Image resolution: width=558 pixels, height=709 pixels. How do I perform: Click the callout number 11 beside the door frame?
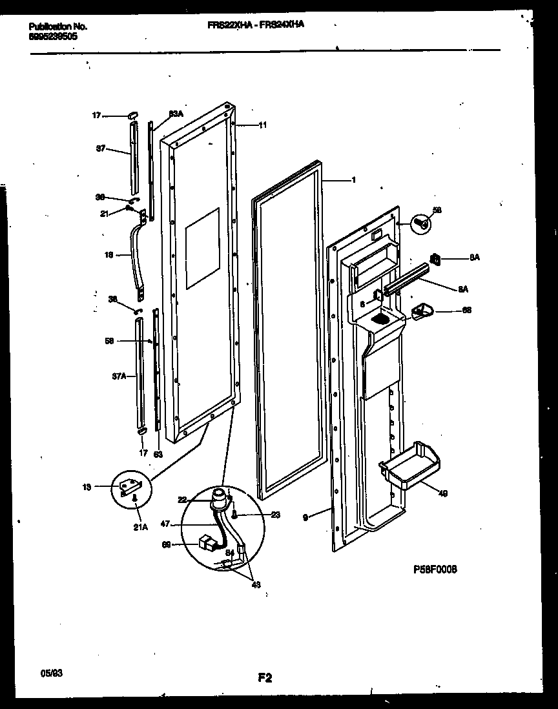(x=262, y=125)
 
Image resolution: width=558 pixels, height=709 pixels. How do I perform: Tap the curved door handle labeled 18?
(x=138, y=255)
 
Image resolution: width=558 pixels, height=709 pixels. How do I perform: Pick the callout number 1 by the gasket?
(x=353, y=181)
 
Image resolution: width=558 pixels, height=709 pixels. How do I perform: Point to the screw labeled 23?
(x=234, y=515)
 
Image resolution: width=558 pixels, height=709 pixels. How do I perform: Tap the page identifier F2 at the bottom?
(x=264, y=677)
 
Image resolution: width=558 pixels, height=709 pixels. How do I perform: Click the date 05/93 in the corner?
(x=50, y=673)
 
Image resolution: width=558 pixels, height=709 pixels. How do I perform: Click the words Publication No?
(x=58, y=26)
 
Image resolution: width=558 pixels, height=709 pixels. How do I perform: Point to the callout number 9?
(x=305, y=516)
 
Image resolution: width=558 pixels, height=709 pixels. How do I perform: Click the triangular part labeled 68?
(x=422, y=311)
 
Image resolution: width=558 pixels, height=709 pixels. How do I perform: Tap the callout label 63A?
(x=175, y=114)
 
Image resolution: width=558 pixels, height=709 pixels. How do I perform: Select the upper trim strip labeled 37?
(x=133, y=158)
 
